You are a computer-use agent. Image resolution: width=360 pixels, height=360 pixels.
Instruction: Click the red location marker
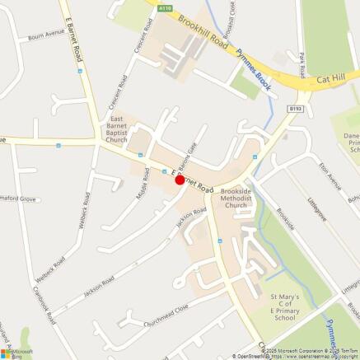coord(180,179)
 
